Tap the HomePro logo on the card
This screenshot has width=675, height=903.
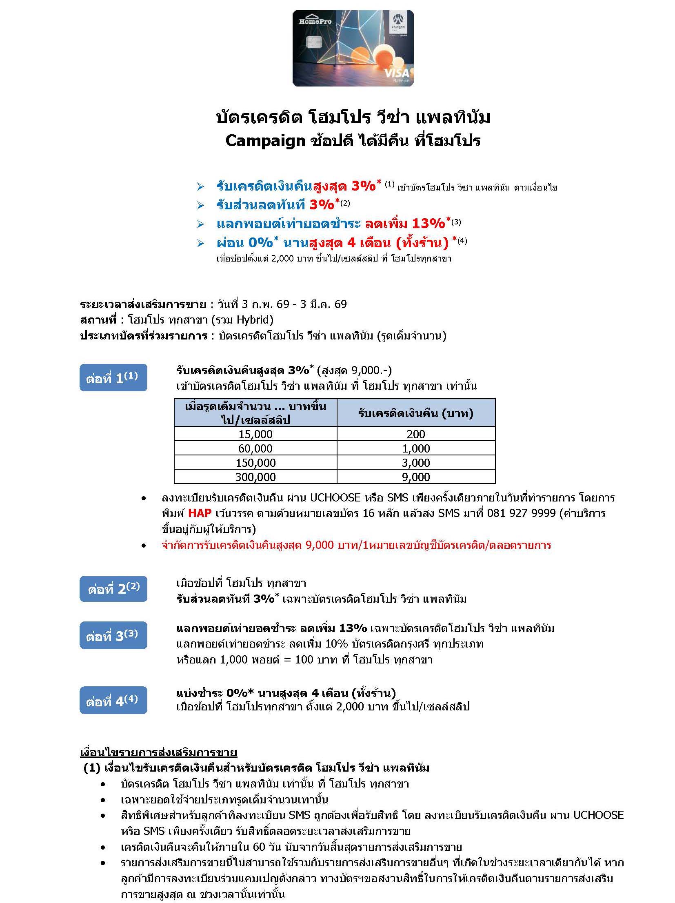click(315, 21)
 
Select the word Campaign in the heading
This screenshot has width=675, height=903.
click(265, 141)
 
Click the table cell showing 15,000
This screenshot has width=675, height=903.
click(255, 434)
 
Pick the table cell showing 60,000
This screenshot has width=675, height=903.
click(255, 448)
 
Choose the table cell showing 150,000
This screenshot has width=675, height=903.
click(255, 463)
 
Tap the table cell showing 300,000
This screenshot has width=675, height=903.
click(255, 477)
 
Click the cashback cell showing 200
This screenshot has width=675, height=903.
click(416, 434)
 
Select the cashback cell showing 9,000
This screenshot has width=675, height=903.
click(416, 477)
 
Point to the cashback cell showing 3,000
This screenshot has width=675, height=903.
click(416, 463)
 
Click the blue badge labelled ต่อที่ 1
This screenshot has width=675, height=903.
click(113, 377)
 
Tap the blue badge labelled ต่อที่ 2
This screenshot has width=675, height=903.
click(113, 589)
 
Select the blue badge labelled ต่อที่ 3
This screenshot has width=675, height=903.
click(113, 635)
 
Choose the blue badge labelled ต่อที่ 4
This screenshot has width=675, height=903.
click(113, 701)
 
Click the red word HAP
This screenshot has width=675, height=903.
click(200, 513)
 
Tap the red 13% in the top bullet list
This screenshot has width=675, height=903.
click(428, 224)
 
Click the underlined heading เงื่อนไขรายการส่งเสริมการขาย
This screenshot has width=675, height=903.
click(158, 752)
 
